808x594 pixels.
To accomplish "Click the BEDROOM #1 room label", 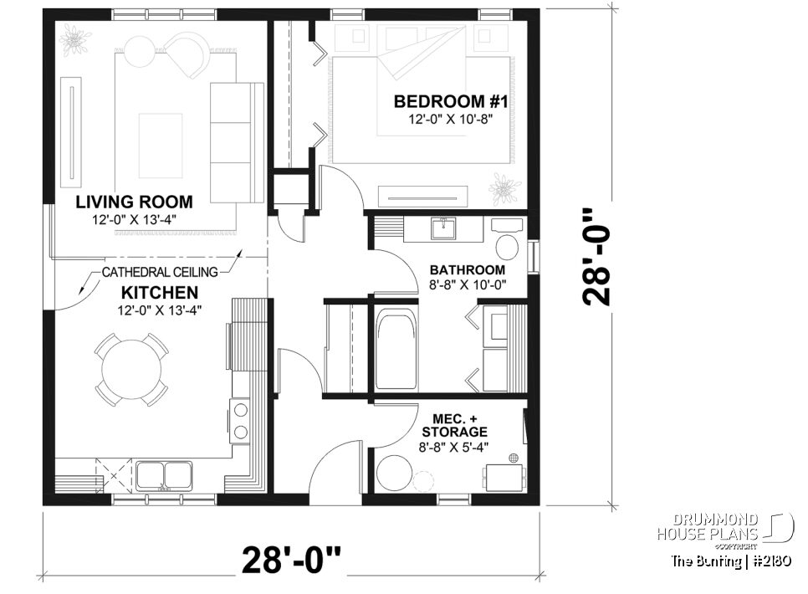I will tap(440, 101).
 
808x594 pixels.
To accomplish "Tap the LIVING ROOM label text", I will tap(134, 202).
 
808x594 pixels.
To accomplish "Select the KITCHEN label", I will tap(160, 293).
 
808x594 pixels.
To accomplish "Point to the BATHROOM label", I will tap(467, 269).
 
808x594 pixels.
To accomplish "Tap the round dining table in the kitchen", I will tap(130, 368).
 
